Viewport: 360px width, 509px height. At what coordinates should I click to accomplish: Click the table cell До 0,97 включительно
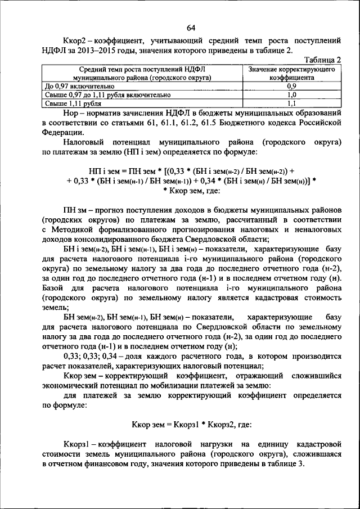pos(79,87)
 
